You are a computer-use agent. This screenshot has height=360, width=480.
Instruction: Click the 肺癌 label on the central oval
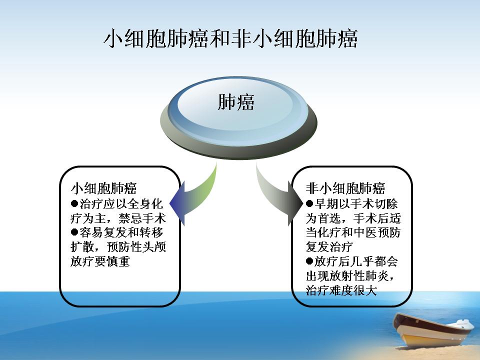[235, 102]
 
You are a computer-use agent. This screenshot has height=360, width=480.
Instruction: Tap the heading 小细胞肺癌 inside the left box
[104, 188]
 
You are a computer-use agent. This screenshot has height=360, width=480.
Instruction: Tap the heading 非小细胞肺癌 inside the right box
[345, 188]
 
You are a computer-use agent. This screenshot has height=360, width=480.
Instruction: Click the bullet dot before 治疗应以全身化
[74, 203]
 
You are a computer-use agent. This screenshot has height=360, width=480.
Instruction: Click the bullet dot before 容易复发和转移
[74, 232]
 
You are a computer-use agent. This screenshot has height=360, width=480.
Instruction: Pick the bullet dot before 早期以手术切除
[309, 203]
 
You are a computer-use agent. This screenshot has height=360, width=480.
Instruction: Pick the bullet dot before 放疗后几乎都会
[309, 261]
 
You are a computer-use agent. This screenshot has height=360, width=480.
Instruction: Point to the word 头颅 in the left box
[154, 246]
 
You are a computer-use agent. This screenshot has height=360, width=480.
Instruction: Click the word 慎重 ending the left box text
[118, 261]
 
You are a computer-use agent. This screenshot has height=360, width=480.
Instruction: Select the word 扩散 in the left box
[82, 246]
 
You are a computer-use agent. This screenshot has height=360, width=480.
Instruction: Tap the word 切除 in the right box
[386, 203]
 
